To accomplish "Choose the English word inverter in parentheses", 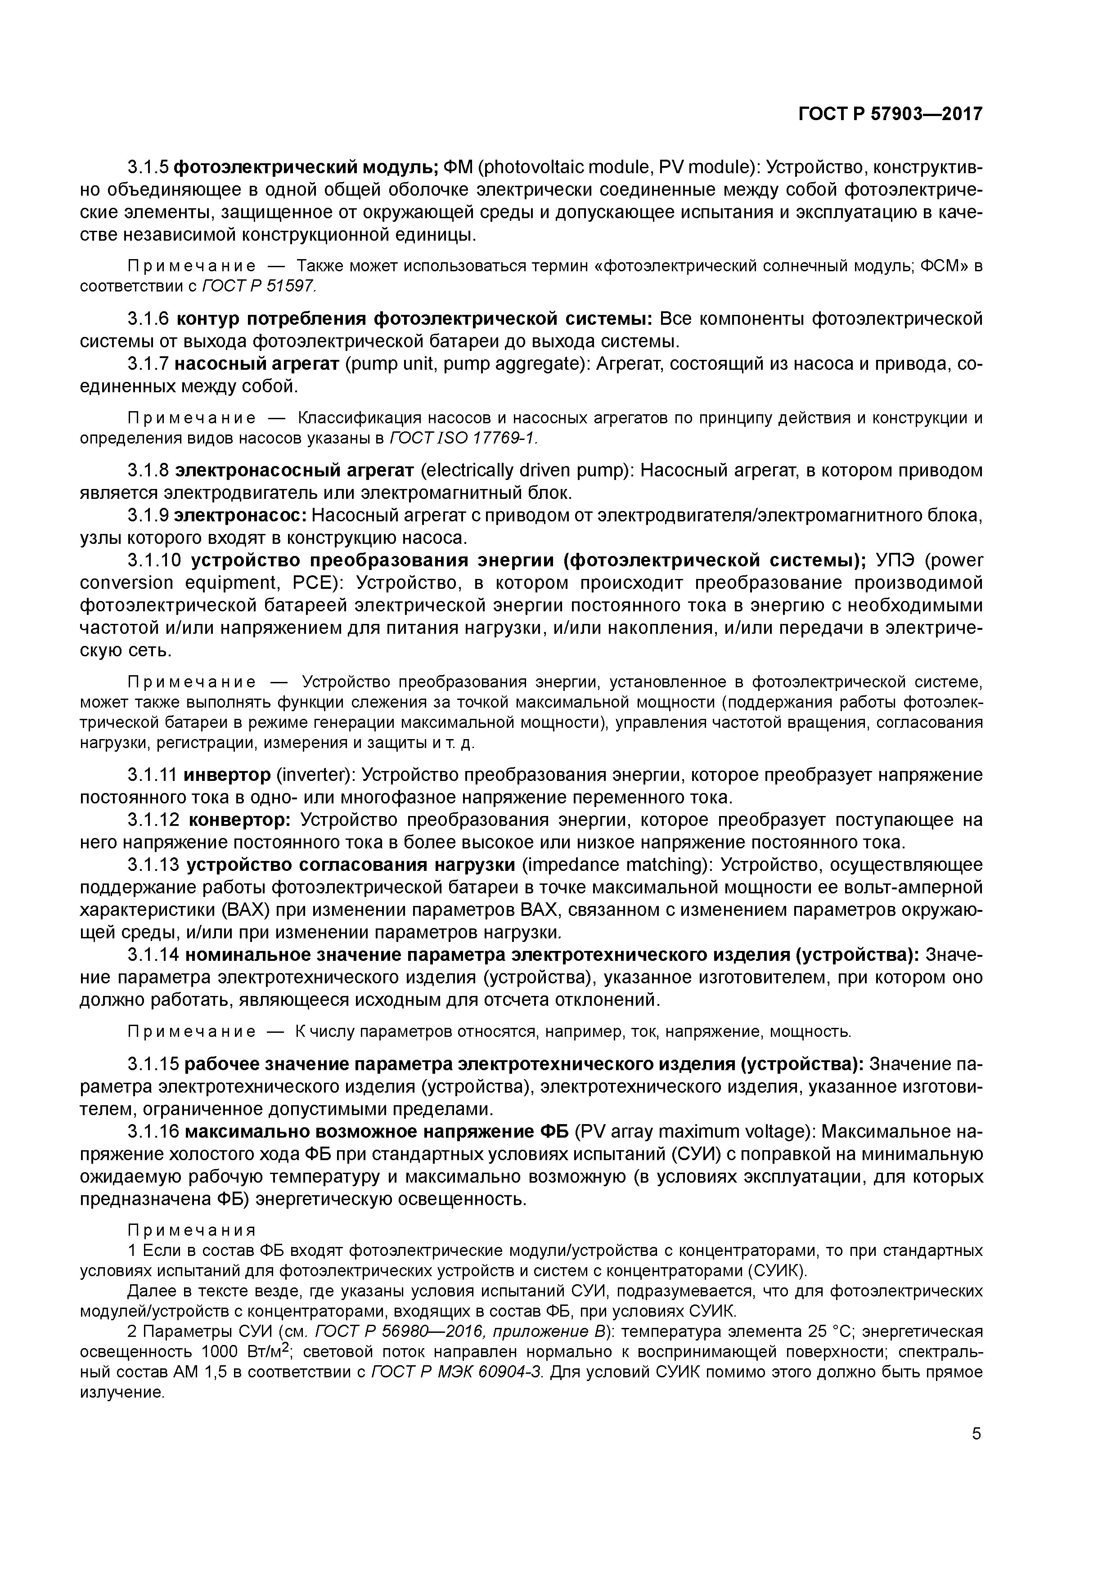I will pos(313,775).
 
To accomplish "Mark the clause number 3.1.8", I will pos(148,471).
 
